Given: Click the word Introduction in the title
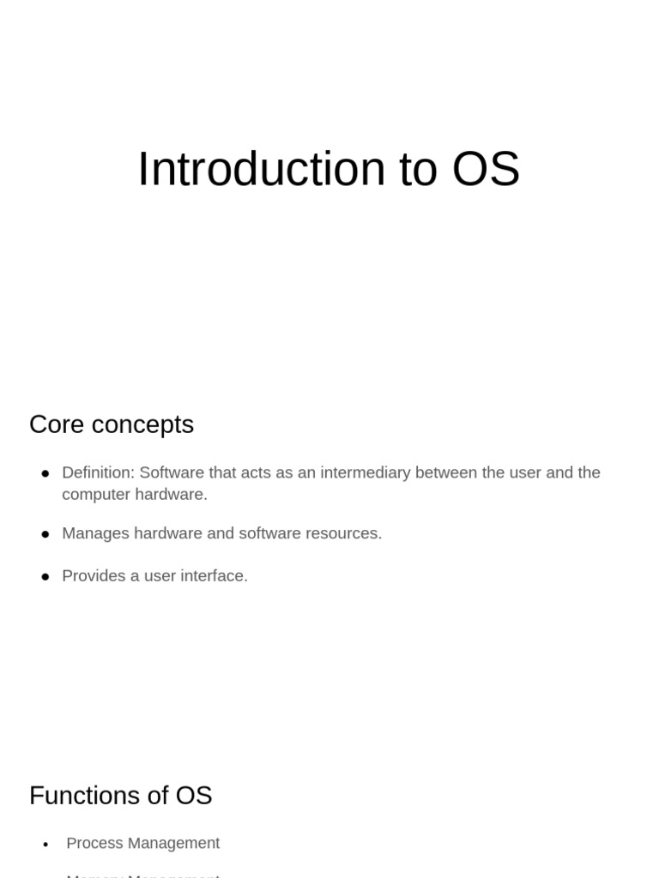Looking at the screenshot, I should coord(261,169).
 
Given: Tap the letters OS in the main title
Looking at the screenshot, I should coord(486,169).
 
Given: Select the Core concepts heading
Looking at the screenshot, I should coord(112,424).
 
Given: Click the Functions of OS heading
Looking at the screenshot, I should coord(120,796).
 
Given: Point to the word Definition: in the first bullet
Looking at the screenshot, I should coord(98,472).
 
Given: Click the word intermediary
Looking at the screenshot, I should coord(371,472).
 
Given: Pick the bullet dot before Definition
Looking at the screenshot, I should coord(45,474).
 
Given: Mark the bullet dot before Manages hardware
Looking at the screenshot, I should coord(45,534).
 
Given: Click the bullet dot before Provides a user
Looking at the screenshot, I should coord(45,577).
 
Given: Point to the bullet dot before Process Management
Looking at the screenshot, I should coord(46,845).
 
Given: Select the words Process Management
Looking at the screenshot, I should coord(142,844).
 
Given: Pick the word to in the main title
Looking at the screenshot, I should coord(418,169).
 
